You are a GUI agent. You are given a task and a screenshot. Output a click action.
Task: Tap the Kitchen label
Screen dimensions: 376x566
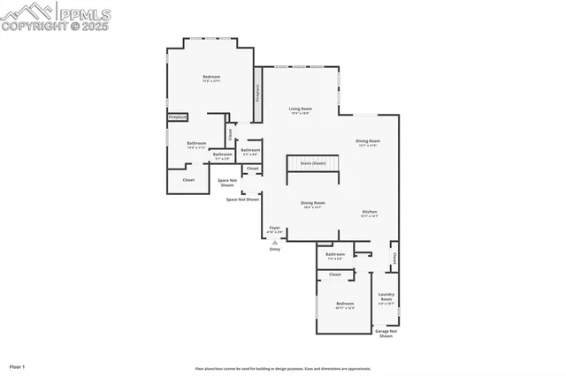[x=369, y=213]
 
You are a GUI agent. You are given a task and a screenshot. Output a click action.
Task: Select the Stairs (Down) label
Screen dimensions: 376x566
[x=312, y=163]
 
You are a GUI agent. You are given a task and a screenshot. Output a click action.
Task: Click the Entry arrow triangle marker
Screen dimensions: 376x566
[x=274, y=242]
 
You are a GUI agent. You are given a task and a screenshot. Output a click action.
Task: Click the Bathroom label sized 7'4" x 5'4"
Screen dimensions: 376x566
[x=334, y=256]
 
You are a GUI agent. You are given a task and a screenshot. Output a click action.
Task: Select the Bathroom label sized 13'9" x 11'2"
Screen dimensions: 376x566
[x=196, y=144]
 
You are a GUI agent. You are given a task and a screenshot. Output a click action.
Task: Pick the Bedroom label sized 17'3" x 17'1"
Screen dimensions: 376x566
[x=211, y=78]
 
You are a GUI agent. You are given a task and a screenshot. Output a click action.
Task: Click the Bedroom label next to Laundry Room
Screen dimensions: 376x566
[x=344, y=305]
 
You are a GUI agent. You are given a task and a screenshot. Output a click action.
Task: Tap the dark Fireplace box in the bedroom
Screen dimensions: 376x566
[x=178, y=117]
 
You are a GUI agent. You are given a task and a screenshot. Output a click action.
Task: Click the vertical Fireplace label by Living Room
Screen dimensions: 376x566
[x=257, y=92]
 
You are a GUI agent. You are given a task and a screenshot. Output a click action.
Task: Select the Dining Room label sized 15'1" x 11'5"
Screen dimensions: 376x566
[x=368, y=142]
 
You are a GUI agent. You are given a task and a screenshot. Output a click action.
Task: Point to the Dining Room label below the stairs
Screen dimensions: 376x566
[x=312, y=204]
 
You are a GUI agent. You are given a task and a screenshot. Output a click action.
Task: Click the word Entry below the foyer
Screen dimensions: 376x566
[x=274, y=250]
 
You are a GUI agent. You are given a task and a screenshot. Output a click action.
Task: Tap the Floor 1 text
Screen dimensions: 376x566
[x=17, y=365]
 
